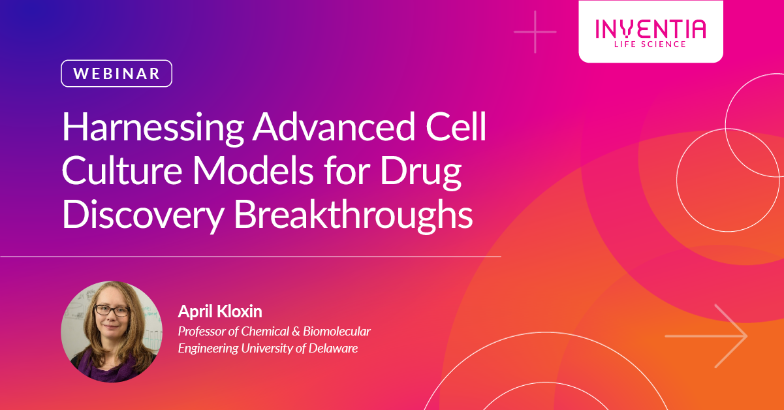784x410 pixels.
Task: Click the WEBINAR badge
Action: tap(117, 74)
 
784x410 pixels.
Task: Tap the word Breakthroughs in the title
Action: tap(353, 215)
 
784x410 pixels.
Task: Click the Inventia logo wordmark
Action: tap(650, 29)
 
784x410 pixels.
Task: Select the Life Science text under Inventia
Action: tap(650, 44)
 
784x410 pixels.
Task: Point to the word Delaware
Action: tap(332, 348)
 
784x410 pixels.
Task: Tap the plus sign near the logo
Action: tap(535, 31)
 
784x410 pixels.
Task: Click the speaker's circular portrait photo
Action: tap(112, 332)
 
